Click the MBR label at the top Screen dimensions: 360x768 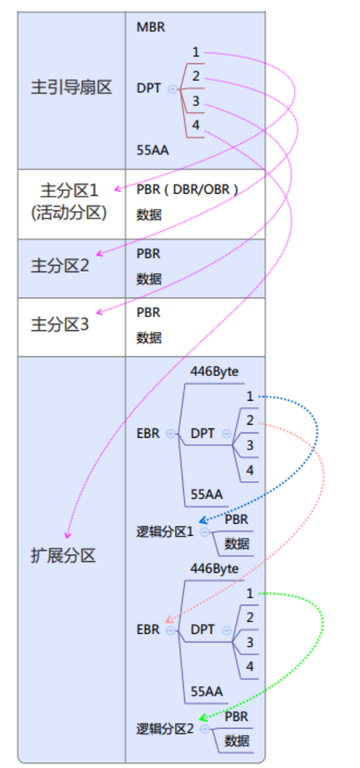151,27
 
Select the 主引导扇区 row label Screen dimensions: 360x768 72,88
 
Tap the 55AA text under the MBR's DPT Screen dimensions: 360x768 153,150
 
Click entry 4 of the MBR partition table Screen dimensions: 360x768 196,126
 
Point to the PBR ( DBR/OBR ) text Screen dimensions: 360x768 187,189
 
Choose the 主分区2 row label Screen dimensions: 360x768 60,266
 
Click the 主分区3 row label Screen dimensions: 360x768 60,324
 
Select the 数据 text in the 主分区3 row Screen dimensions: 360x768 149,338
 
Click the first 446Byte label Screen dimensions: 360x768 215,372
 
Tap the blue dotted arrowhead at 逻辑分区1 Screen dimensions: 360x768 202,520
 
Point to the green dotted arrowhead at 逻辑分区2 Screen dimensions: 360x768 202,718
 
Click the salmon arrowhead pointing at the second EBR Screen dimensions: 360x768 168,619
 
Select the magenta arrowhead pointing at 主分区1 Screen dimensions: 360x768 118,189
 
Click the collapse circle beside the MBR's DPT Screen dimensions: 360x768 173,89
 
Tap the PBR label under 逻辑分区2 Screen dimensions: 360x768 237,716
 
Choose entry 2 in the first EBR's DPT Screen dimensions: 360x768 250,421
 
